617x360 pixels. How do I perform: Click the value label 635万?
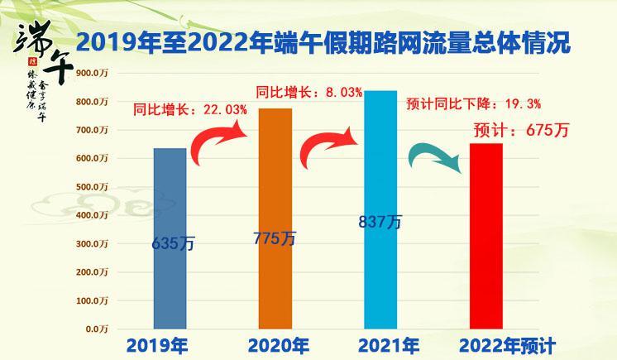[171, 244]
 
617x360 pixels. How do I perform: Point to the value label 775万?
[275, 238]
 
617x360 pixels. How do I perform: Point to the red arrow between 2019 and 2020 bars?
[219, 142]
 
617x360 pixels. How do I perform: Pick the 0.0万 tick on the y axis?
[97, 329]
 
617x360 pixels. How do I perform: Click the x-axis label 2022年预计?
[507, 345]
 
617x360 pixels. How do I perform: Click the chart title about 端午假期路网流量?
[323, 43]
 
